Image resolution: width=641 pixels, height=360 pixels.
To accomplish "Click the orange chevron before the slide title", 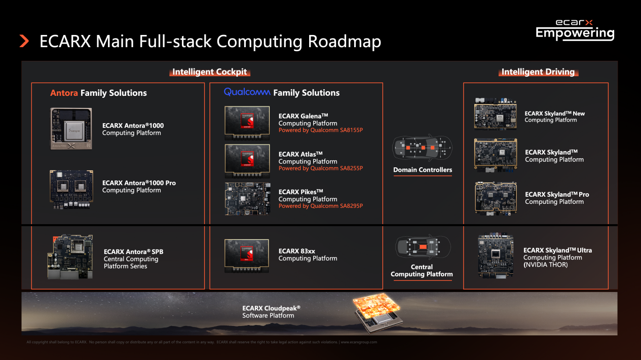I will click(x=24, y=41).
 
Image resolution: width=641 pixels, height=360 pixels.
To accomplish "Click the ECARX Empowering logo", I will click(x=575, y=30).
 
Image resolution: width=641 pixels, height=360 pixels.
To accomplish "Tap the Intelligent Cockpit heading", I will click(x=209, y=71).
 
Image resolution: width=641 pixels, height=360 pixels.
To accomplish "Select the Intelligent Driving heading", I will click(x=538, y=71).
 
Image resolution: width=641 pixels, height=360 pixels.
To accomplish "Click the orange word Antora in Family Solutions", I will click(x=64, y=93).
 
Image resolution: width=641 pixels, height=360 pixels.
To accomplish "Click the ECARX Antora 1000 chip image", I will click(x=71, y=129).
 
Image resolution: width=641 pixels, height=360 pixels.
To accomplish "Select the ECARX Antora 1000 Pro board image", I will click(x=71, y=187).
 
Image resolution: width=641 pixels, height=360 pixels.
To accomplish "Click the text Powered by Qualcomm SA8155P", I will click(x=320, y=130).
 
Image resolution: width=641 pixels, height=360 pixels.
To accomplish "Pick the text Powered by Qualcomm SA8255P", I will click(x=320, y=168).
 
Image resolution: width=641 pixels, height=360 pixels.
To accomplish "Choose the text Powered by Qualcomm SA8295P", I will click(x=320, y=206).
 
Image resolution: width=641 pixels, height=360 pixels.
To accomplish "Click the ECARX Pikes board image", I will click(x=247, y=199).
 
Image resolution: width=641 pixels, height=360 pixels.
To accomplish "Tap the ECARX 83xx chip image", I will click(x=247, y=255).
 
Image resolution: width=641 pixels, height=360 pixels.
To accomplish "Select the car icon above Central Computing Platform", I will click(x=422, y=247).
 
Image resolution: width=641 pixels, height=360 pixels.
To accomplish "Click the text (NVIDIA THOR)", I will click(x=545, y=265).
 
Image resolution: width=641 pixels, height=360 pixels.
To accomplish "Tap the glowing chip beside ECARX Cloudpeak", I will click(x=378, y=312).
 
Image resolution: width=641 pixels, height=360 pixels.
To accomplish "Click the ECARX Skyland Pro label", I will click(x=556, y=195).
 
